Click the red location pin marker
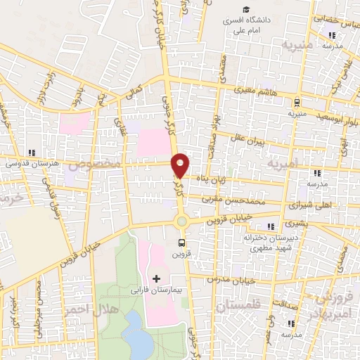181,165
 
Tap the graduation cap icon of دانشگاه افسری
246,8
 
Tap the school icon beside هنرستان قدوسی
31,152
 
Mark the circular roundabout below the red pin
181,221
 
